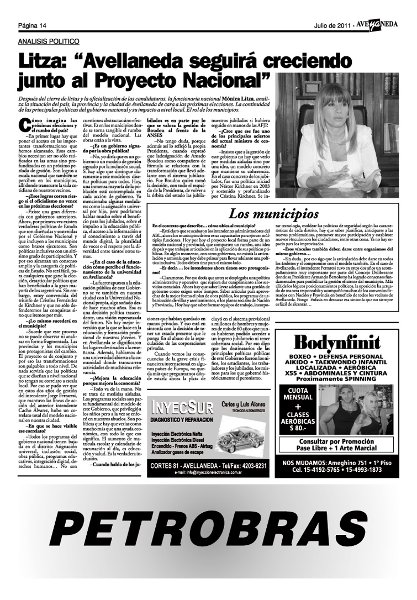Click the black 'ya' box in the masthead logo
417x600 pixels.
click(x=375, y=24)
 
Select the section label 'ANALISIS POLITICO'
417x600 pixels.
click(x=49, y=42)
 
